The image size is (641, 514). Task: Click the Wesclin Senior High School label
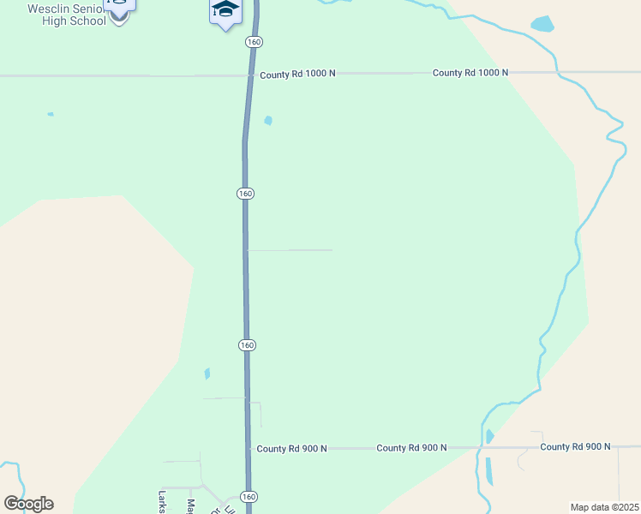tap(67, 14)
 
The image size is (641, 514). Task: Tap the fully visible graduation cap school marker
tap(225, 10)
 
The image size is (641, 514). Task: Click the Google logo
tap(28, 504)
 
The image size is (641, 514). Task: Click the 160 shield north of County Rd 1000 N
tap(254, 41)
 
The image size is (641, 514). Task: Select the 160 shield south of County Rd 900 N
tap(249, 497)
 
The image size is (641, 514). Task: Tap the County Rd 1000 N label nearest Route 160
tap(297, 74)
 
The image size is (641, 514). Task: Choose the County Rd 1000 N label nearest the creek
tap(470, 73)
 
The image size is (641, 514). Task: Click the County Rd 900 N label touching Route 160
tap(291, 448)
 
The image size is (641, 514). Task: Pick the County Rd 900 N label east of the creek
tap(575, 446)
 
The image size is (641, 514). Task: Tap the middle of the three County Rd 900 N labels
tap(411, 448)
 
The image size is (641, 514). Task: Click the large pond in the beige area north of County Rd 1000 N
tap(542, 24)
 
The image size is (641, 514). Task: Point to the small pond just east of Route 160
tap(268, 121)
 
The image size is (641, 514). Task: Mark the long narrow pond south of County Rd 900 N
tap(489, 471)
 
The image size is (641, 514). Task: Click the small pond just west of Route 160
tap(207, 374)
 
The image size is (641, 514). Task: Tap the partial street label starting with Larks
tap(161, 501)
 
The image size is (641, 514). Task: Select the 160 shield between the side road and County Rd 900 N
tap(247, 344)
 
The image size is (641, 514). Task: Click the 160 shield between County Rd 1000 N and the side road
tap(246, 194)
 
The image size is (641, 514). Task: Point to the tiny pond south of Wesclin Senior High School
tap(51, 114)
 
